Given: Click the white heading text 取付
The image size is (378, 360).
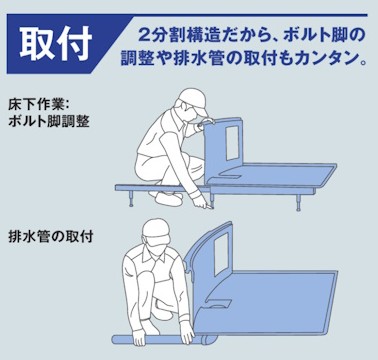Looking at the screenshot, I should pos(55,40).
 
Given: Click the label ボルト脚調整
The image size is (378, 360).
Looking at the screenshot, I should pos(48,121).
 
